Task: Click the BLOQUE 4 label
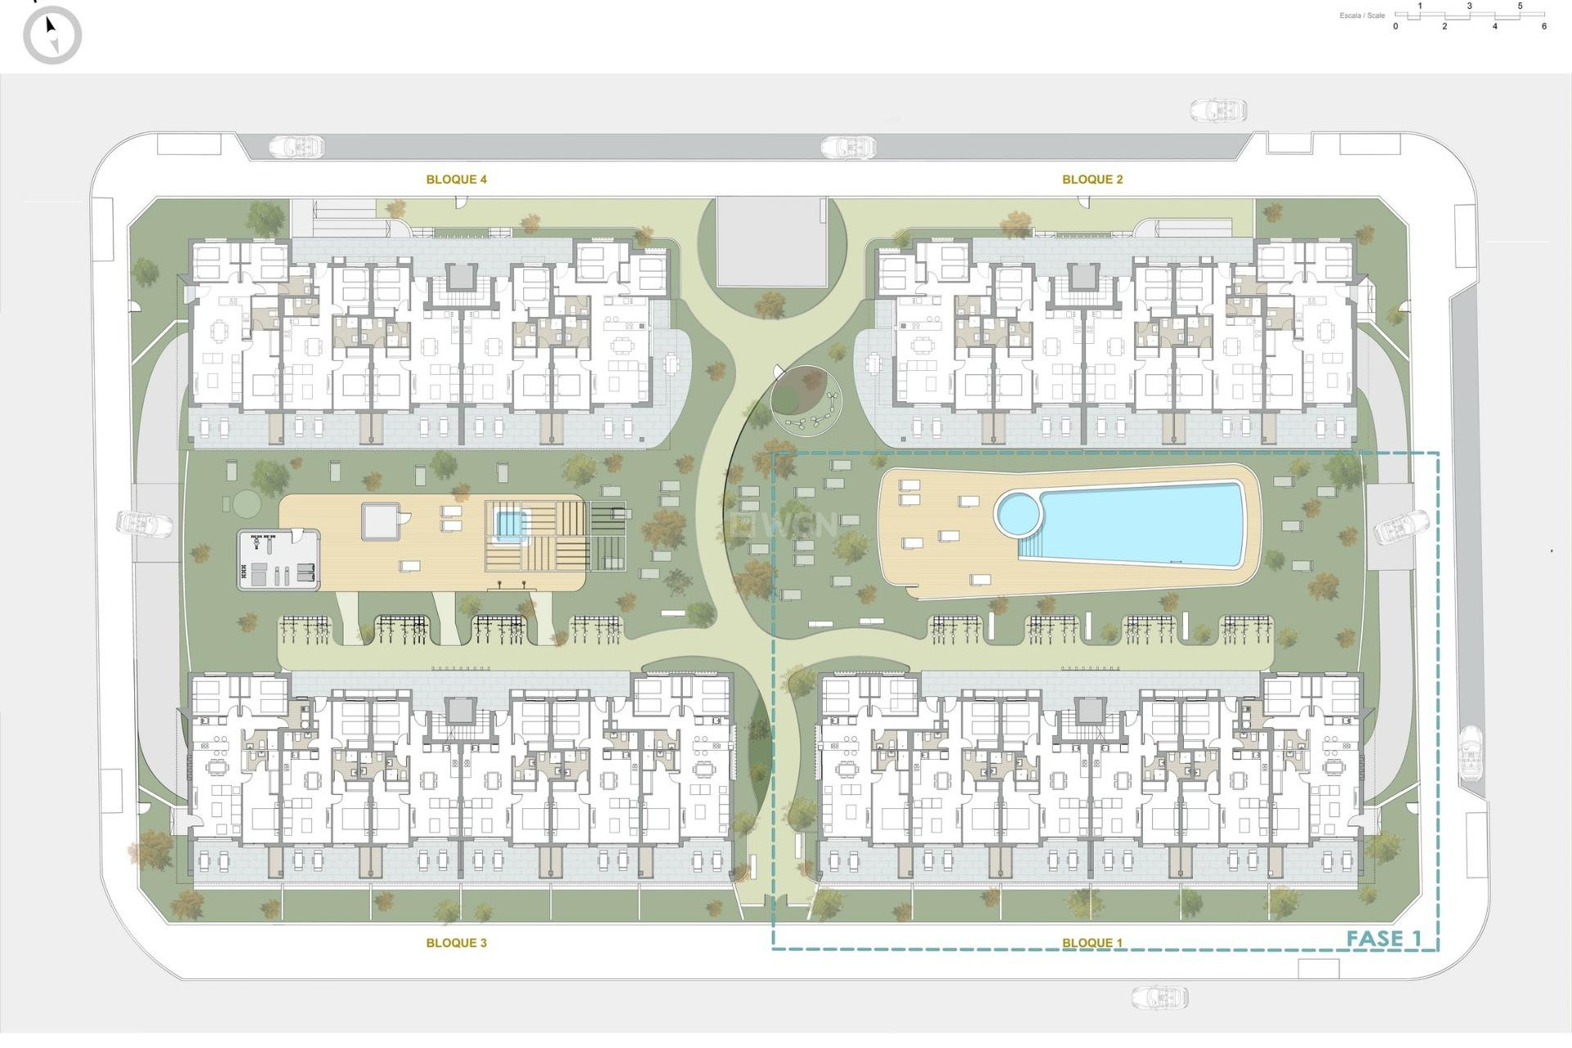point(456,179)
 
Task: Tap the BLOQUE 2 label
point(1092,179)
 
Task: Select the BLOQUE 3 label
point(456,942)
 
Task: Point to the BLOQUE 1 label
point(1092,942)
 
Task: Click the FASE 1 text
point(1384,938)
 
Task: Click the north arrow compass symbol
point(52,35)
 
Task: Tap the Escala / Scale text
point(1362,16)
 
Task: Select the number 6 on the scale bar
point(1544,26)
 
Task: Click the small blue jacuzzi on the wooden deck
point(509,524)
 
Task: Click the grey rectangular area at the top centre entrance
point(771,241)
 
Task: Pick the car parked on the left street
point(144,523)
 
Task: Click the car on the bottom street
point(1159,996)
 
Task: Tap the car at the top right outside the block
point(1217,111)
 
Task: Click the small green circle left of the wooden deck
point(244,501)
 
